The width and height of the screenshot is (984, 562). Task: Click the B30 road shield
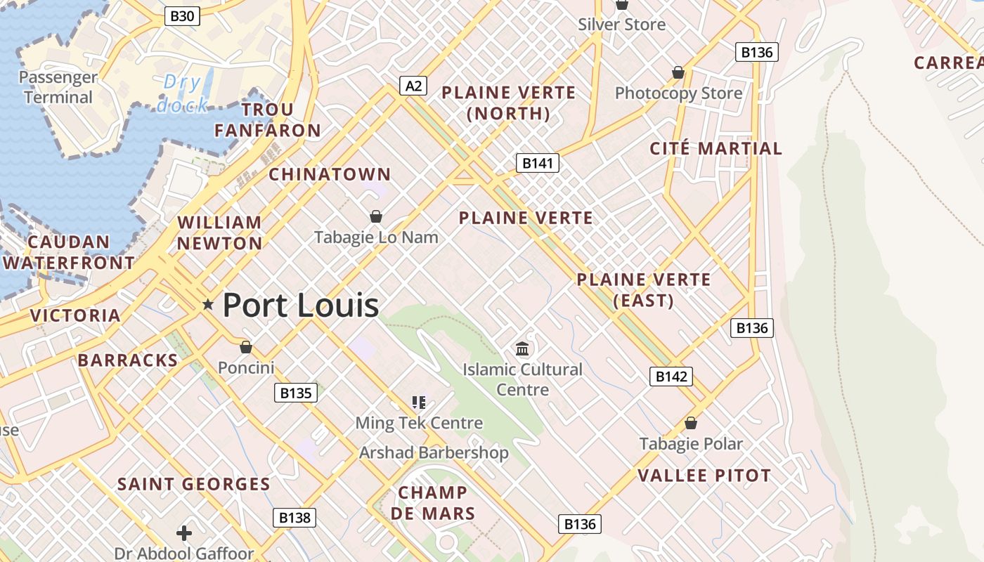(x=182, y=15)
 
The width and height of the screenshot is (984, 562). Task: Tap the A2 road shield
(x=413, y=86)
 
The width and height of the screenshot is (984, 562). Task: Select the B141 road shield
(x=538, y=164)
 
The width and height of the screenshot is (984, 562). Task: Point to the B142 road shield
(x=671, y=377)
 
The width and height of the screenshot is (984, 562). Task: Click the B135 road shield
(x=295, y=393)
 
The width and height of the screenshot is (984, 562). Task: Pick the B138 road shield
(x=294, y=518)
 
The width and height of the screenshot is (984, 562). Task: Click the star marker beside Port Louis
(x=208, y=305)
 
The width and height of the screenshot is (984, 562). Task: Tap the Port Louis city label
(x=301, y=306)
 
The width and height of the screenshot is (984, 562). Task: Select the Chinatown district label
(x=330, y=174)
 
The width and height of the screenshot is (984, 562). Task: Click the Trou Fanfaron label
(x=268, y=120)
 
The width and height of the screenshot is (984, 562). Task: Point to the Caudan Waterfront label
(x=69, y=252)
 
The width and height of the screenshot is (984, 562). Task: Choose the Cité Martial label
(x=716, y=148)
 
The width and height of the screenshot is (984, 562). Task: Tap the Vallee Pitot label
(x=704, y=476)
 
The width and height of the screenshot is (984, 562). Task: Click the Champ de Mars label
(x=433, y=503)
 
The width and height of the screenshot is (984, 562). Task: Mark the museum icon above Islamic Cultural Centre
(x=522, y=348)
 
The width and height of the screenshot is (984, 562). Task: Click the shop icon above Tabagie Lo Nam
(x=376, y=216)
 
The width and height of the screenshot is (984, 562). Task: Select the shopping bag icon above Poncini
(x=246, y=347)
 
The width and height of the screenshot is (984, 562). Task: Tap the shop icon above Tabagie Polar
(x=691, y=423)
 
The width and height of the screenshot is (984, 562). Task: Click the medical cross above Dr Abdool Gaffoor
(x=184, y=533)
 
